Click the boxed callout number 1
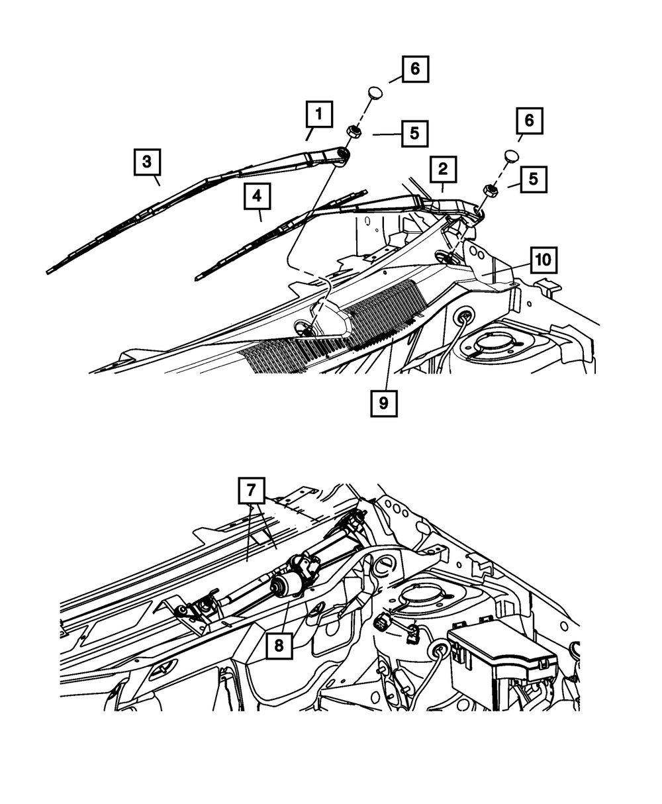click(319, 115)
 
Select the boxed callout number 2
click(442, 170)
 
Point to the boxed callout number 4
click(257, 197)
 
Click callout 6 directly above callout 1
click(415, 69)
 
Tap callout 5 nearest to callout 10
click(534, 179)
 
